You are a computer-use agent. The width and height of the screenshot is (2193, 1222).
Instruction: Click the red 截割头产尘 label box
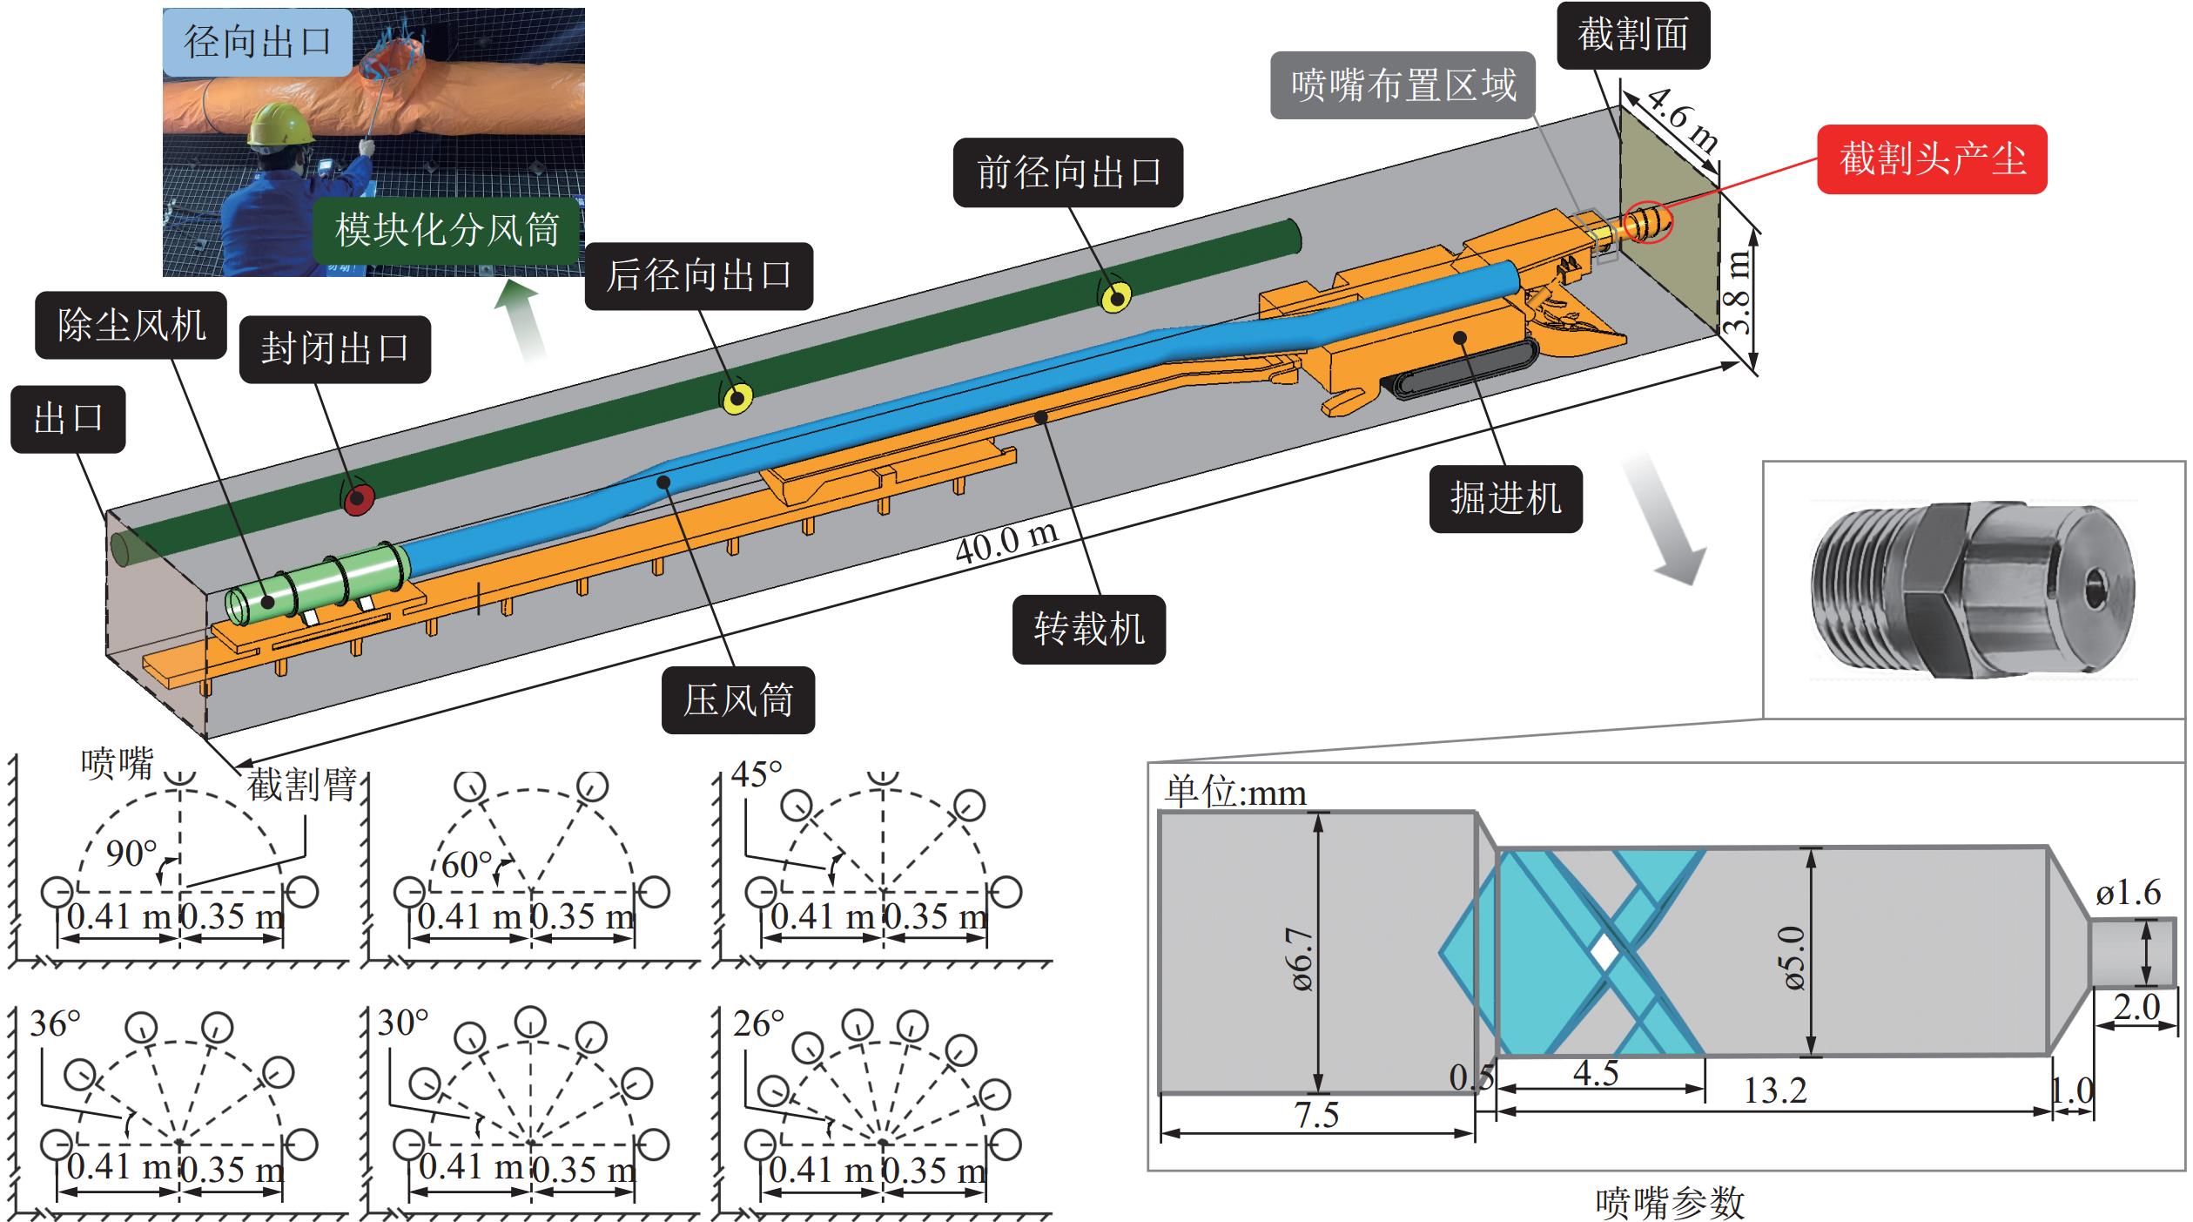click(x=1931, y=159)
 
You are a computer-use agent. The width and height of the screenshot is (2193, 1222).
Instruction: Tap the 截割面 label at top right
click(x=1632, y=36)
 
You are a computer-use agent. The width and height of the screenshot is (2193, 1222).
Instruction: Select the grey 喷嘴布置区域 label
click(x=1403, y=85)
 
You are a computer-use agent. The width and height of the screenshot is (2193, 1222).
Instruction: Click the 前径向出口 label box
click(x=1067, y=172)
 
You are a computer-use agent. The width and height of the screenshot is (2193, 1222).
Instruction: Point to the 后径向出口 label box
click(x=698, y=275)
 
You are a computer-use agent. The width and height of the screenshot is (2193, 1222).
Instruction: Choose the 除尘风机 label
click(x=131, y=325)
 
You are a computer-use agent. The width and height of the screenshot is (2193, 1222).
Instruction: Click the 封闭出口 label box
click(x=335, y=348)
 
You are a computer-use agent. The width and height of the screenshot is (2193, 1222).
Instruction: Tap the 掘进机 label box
click(x=1505, y=498)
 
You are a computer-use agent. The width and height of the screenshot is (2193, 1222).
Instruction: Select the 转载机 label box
click(x=1088, y=629)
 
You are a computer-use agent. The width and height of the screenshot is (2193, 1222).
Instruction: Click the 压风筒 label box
click(x=737, y=699)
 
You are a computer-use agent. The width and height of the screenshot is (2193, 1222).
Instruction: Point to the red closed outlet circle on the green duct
click(x=356, y=500)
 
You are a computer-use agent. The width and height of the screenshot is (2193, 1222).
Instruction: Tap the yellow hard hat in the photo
click(x=281, y=125)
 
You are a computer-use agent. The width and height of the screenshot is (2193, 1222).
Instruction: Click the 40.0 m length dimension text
click(x=1006, y=543)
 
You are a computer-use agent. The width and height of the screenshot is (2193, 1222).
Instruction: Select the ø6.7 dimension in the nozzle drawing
click(x=1303, y=958)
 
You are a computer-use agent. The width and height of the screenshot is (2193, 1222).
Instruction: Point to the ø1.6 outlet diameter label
click(x=2128, y=893)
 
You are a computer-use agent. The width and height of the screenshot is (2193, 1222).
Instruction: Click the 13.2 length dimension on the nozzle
click(x=1774, y=1090)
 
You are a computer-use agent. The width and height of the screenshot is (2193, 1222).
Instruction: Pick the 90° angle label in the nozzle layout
click(x=131, y=854)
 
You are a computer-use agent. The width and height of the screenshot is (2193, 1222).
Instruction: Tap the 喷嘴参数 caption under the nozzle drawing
click(x=1670, y=1202)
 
